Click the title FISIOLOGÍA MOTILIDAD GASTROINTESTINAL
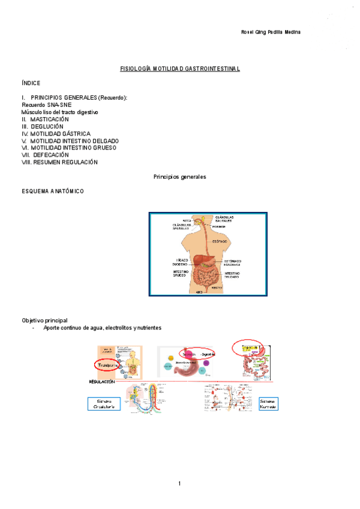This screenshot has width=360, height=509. coord(180,69)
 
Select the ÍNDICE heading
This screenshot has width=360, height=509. coord(31,83)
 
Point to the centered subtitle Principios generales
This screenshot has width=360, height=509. coord(180,178)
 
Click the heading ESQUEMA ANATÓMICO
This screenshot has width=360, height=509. coord(53,191)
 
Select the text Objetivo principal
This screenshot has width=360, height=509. coord(44,321)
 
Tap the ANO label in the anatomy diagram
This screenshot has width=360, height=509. coord(199,292)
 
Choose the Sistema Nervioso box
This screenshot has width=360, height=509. coord(268,403)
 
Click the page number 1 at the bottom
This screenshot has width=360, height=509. coord(179,484)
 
